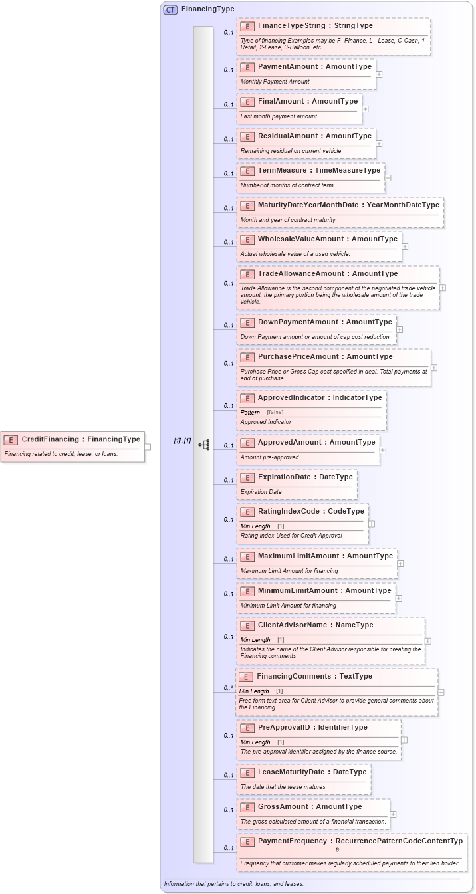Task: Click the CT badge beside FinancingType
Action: click(170, 10)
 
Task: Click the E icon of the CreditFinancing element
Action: click(11, 439)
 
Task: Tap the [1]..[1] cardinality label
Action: click(182, 441)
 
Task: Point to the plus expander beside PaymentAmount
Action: click(379, 74)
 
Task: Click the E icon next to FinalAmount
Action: click(247, 102)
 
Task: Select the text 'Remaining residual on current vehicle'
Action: click(291, 151)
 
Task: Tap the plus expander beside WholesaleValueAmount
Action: click(405, 247)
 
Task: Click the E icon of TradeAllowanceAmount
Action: click(247, 274)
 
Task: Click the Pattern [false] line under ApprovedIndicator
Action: click(262, 413)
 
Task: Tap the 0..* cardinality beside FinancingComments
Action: click(228, 688)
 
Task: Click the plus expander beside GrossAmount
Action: click(393, 814)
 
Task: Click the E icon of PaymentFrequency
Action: click(247, 841)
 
